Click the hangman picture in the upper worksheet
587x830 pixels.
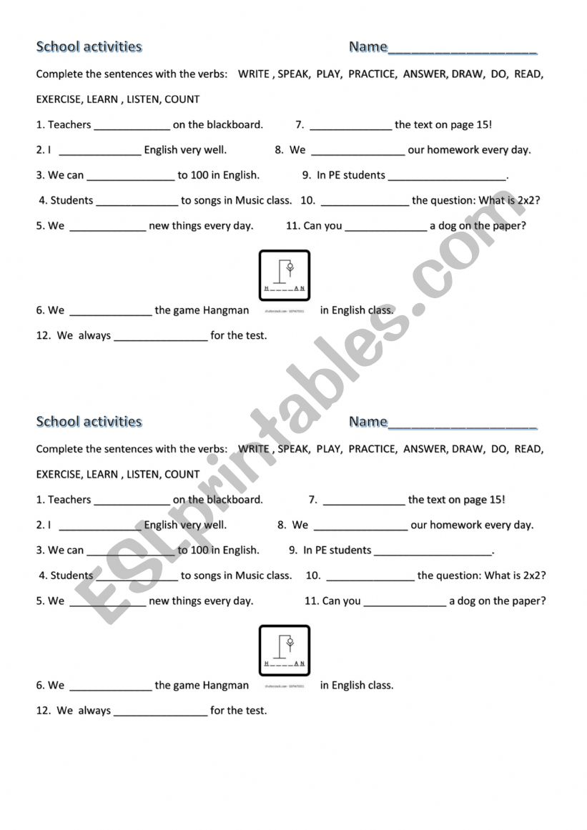pos(284,275)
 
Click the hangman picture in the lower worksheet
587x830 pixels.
pos(284,651)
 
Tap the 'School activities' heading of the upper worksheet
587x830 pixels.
pos(89,47)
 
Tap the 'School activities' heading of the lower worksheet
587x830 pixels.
pos(89,422)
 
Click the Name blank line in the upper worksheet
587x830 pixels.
pos(462,50)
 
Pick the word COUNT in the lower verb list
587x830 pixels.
pos(182,475)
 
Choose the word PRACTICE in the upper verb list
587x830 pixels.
pos(372,74)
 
